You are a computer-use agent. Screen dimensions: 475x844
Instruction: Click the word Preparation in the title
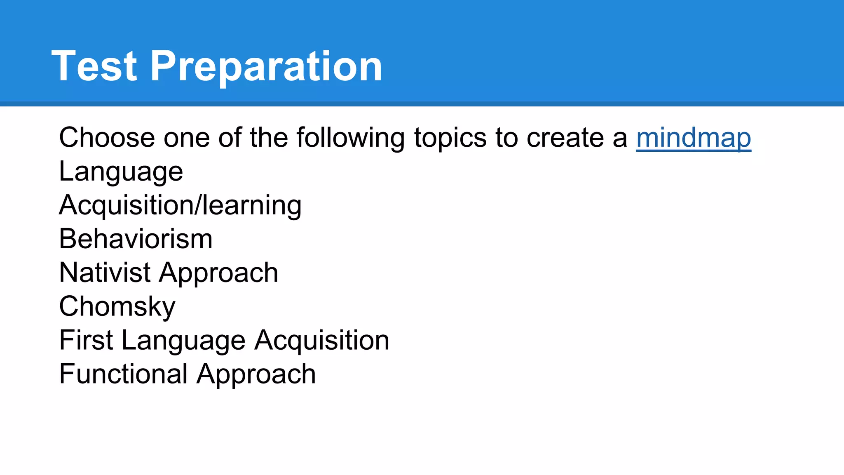click(266, 66)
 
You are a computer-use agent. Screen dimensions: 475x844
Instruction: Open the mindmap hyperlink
click(693, 138)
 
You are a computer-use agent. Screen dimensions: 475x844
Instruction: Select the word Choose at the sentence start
click(107, 138)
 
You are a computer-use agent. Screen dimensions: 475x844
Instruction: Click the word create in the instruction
click(565, 138)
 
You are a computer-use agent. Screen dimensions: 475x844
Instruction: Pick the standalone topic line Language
click(121, 172)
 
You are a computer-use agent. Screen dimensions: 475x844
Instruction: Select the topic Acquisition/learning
click(180, 205)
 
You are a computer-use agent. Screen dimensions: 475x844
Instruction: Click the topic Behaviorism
click(136, 239)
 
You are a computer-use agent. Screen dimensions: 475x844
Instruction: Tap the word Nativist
click(105, 273)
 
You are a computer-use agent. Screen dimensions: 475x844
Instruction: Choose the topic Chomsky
click(117, 307)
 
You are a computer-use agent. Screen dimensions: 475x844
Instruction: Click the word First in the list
click(86, 341)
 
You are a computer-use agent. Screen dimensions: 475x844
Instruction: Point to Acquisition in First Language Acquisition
click(321, 341)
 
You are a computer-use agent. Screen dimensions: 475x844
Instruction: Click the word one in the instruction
click(186, 138)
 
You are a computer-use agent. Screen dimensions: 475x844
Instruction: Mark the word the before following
click(268, 138)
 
